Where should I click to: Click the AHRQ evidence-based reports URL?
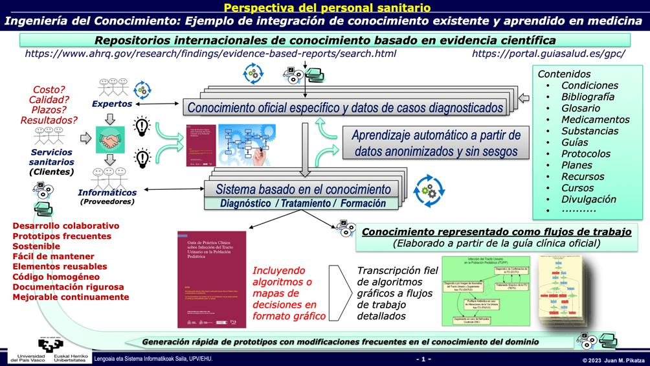[210, 54]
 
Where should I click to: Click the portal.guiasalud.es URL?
[548, 54]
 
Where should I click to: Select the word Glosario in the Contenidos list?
[580, 108]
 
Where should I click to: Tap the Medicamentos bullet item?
[595, 120]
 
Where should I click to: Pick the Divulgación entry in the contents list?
[588, 200]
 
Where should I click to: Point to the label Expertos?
[111, 104]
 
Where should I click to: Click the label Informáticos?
[107, 192]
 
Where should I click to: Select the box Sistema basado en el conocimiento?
[302, 190]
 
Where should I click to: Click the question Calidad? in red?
[49, 100]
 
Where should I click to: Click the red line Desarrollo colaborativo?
[66, 226]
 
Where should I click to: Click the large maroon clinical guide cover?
[212, 279]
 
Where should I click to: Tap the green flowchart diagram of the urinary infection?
[486, 290]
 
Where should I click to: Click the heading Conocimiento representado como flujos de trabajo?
[497, 232]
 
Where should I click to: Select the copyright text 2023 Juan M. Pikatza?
[613, 360]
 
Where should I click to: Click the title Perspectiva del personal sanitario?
[324, 8]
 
